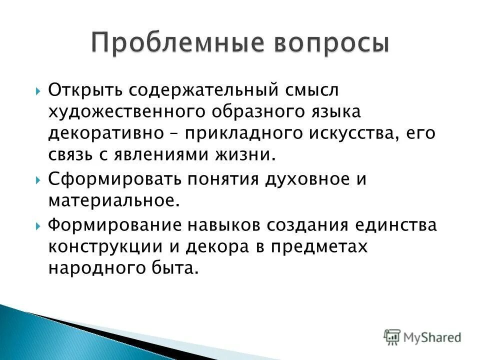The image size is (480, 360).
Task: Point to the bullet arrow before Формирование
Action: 39,225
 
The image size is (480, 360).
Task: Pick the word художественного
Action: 125,112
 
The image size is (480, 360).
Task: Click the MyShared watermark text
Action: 433,336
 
